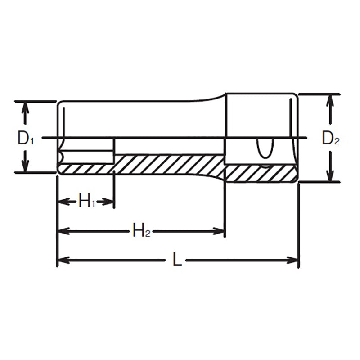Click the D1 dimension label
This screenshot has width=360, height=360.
pos(26,138)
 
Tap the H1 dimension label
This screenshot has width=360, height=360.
pos(86,201)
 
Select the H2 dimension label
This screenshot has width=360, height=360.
pos(141,231)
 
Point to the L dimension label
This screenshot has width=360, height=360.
pos(177,260)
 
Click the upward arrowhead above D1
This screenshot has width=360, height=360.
pos(26,107)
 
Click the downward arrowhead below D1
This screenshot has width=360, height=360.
pos(26,166)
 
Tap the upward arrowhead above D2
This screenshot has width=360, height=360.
pos(331,100)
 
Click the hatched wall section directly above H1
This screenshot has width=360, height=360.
pos(85,168)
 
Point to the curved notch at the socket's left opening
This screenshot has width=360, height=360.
pos(62,155)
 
